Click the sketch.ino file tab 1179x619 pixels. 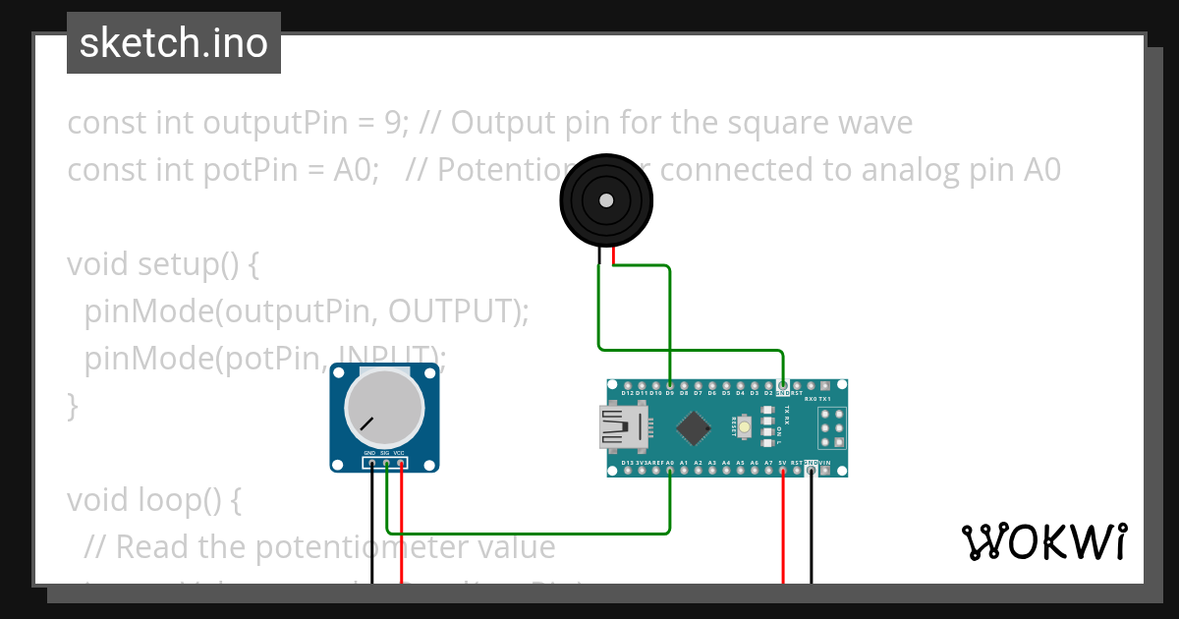174,43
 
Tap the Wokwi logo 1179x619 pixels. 1043,541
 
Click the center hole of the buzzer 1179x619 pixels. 606,200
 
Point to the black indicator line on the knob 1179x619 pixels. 366,424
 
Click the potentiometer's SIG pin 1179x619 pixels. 387,462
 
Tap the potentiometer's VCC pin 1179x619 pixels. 401,462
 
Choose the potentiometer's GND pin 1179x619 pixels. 372,462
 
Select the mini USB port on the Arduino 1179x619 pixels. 622,427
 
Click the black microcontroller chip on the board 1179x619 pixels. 694,427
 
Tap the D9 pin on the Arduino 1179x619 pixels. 669,384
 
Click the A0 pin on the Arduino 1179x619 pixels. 669,471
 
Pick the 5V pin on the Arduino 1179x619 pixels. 782,471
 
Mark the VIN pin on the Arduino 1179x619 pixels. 824,471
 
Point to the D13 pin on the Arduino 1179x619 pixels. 627,471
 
